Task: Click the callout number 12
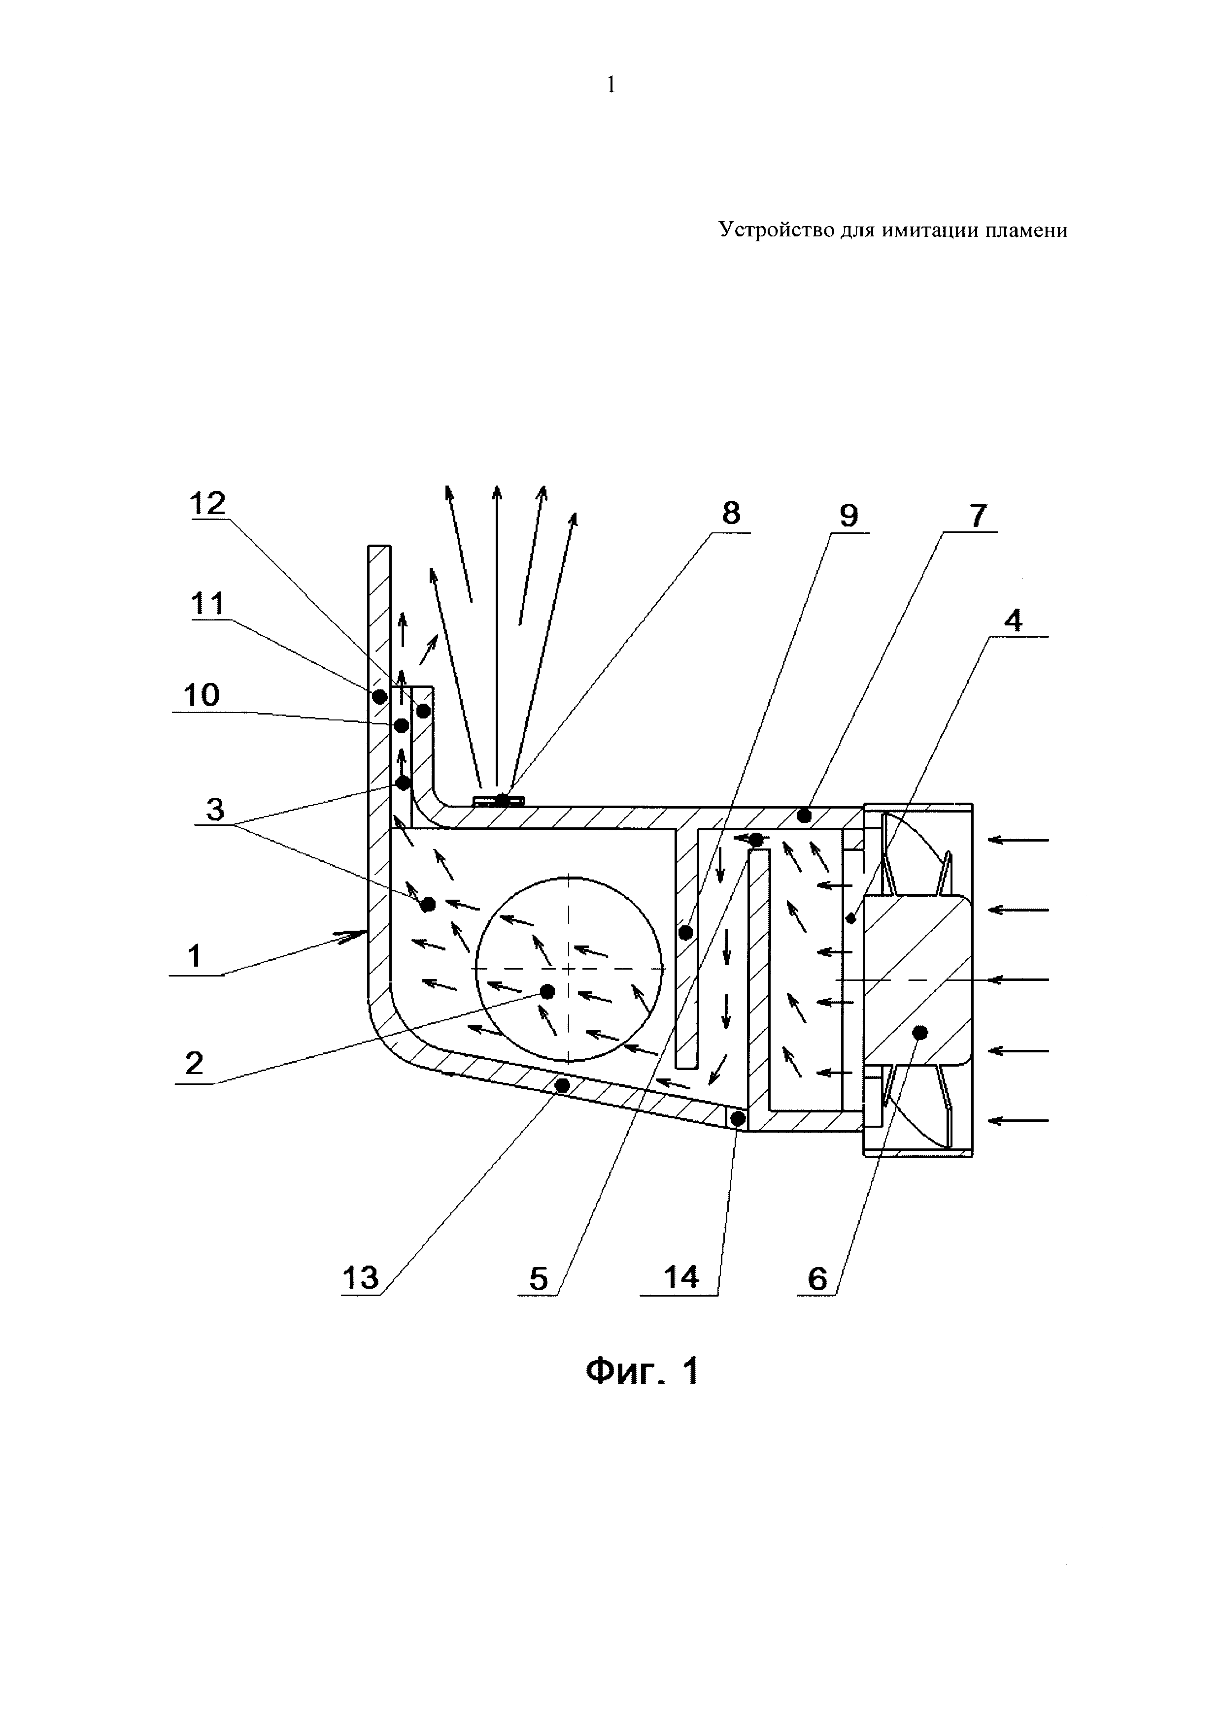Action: click(207, 504)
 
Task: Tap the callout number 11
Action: click(207, 604)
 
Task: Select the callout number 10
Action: click(201, 694)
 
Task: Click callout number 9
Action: click(849, 516)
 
